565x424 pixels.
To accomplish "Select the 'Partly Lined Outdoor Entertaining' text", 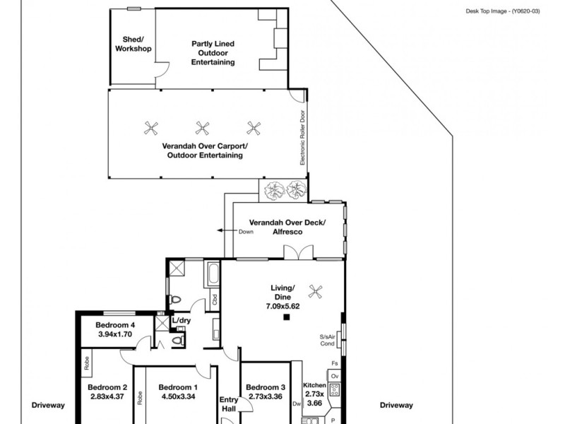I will [x=213, y=53].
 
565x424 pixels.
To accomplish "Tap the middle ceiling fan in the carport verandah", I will [x=202, y=128].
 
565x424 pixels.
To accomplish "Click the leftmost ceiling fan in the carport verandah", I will [x=150, y=128].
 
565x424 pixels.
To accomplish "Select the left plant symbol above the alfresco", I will [x=270, y=190].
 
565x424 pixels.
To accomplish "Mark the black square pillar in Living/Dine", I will [x=287, y=318].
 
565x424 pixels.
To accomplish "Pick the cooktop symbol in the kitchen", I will [x=335, y=389].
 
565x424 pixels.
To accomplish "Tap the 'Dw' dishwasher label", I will [x=297, y=404].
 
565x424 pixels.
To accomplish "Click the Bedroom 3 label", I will [x=265, y=387].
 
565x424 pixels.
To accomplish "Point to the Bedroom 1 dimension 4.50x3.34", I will [x=177, y=396].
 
